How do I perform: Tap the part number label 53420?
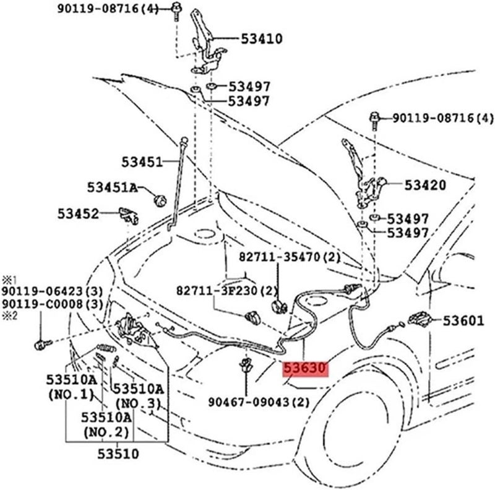[x=425, y=184]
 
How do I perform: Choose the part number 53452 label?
[x=79, y=213]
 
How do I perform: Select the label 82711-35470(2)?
[x=290, y=257]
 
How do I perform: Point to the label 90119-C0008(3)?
[x=52, y=304]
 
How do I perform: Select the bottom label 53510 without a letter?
[x=118, y=454]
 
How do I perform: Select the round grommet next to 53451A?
[x=160, y=200]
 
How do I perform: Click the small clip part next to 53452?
[x=128, y=215]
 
